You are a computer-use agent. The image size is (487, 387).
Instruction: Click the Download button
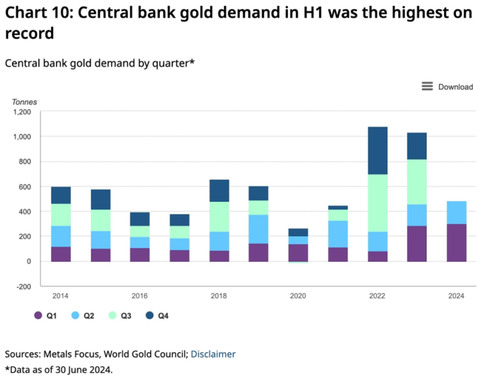point(455,87)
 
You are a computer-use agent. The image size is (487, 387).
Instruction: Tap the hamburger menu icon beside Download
point(427,86)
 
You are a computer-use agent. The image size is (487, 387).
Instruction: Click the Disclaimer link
point(213,354)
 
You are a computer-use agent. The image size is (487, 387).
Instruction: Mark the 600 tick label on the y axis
point(25,187)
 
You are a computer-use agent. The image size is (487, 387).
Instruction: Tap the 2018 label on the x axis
point(218,296)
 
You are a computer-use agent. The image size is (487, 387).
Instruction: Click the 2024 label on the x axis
point(456,296)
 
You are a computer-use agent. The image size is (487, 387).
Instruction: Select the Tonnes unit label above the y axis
point(24,102)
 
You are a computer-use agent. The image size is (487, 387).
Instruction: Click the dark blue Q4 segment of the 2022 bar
point(377,150)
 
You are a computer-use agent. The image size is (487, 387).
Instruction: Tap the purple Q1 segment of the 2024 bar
point(456,242)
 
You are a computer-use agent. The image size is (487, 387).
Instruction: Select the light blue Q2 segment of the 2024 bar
point(456,213)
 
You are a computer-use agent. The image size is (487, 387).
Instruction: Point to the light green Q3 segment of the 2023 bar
point(417,181)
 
